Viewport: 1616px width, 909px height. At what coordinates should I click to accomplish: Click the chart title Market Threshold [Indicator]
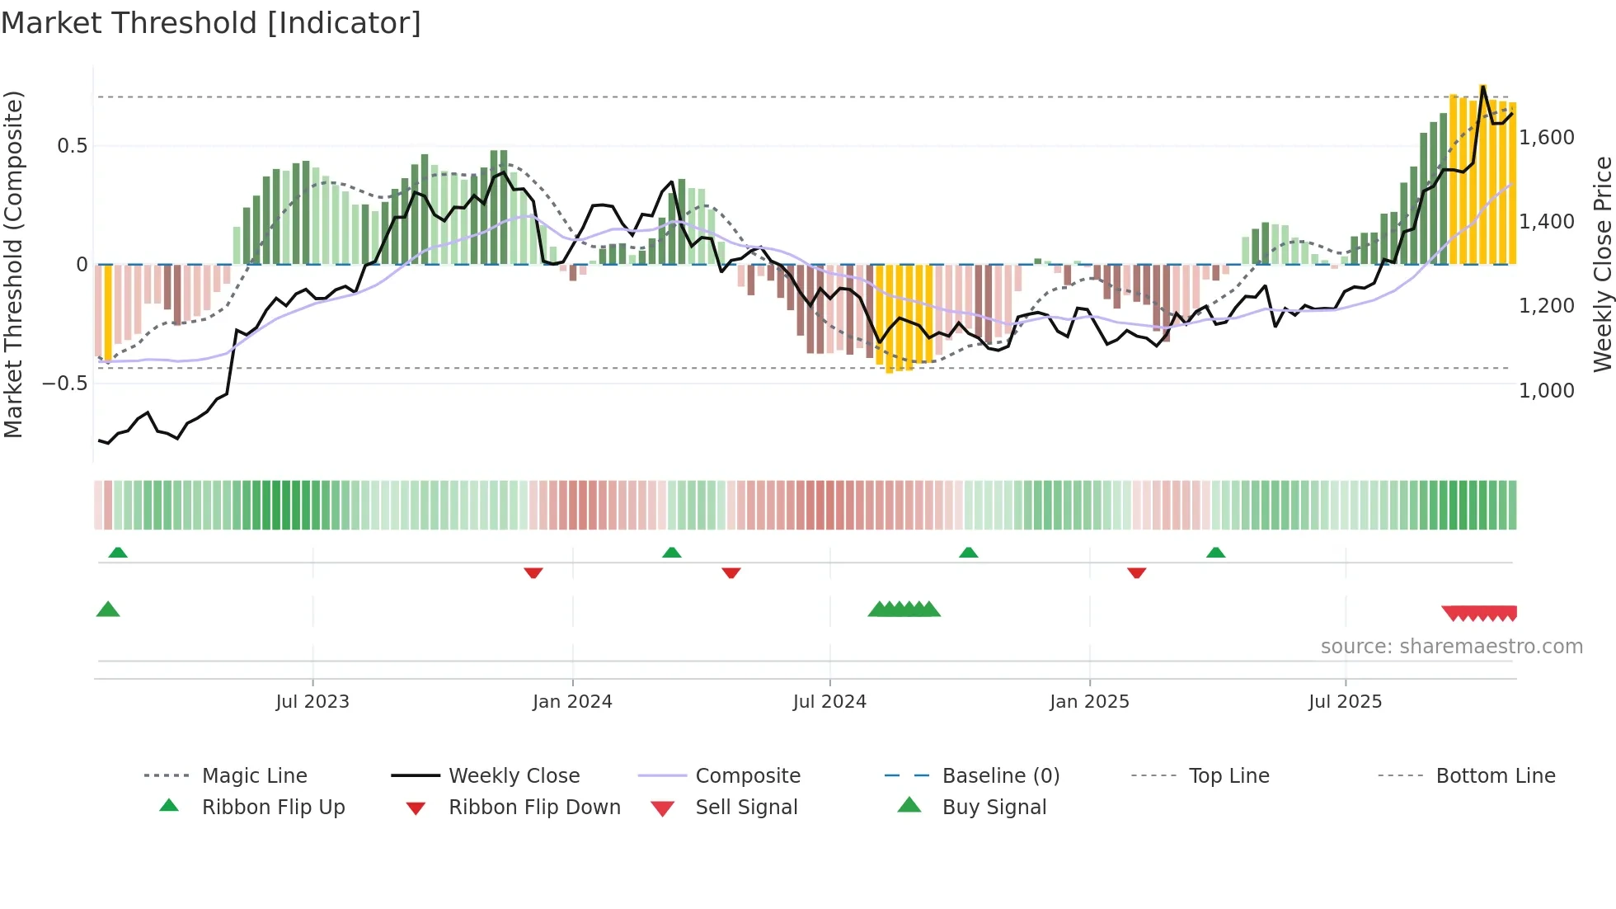click(x=211, y=23)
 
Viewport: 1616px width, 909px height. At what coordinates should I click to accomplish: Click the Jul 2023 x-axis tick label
click(x=312, y=702)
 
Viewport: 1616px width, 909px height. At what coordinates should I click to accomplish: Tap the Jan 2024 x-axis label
click(x=572, y=702)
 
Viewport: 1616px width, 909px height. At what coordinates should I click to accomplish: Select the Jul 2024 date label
click(x=829, y=702)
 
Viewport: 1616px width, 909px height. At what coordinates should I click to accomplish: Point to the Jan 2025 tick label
click(x=1089, y=702)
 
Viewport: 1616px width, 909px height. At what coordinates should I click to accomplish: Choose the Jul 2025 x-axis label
click(x=1345, y=702)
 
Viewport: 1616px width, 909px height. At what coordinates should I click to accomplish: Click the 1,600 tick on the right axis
click(x=1547, y=138)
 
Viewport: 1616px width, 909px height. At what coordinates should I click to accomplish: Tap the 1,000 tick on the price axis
click(x=1547, y=390)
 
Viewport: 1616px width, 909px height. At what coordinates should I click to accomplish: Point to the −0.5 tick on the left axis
click(x=64, y=384)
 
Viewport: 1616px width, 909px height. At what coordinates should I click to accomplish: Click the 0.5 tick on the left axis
click(x=72, y=146)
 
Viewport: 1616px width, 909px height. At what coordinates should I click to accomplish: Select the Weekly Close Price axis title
click(x=1602, y=264)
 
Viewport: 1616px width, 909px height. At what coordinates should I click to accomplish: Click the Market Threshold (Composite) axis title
click(x=13, y=264)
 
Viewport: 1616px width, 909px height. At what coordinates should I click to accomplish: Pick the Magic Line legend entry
click(x=254, y=776)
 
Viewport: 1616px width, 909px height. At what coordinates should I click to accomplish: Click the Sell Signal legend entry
click(x=746, y=808)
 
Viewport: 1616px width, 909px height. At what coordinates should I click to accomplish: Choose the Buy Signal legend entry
click(x=994, y=808)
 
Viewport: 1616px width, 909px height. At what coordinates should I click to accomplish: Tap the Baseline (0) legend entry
click(x=1000, y=776)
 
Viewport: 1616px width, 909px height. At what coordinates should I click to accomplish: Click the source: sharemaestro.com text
click(x=1451, y=647)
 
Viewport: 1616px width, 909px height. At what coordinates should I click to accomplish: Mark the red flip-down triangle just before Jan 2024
click(x=533, y=572)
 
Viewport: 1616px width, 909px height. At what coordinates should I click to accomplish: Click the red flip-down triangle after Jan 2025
click(x=1137, y=572)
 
